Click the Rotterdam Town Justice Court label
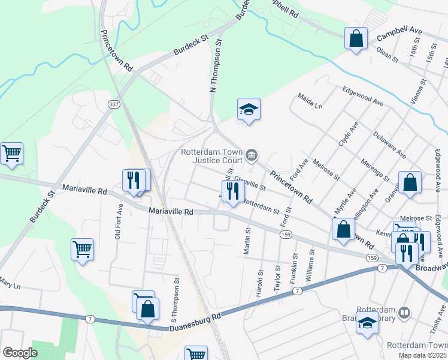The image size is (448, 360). [x=211, y=155]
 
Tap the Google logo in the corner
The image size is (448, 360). [x=20, y=353]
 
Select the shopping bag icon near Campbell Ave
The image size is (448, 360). [x=356, y=39]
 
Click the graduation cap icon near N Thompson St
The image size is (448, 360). [x=249, y=109]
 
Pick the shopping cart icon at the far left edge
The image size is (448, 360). [x=11, y=154]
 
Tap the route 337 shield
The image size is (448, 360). [x=113, y=104]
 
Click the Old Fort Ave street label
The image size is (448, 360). [x=119, y=222]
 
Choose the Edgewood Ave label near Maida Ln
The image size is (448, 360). [x=363, y=95]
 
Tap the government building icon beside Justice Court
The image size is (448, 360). [x=252, y=156]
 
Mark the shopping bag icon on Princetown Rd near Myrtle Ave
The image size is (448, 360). [x=343, y=229]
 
